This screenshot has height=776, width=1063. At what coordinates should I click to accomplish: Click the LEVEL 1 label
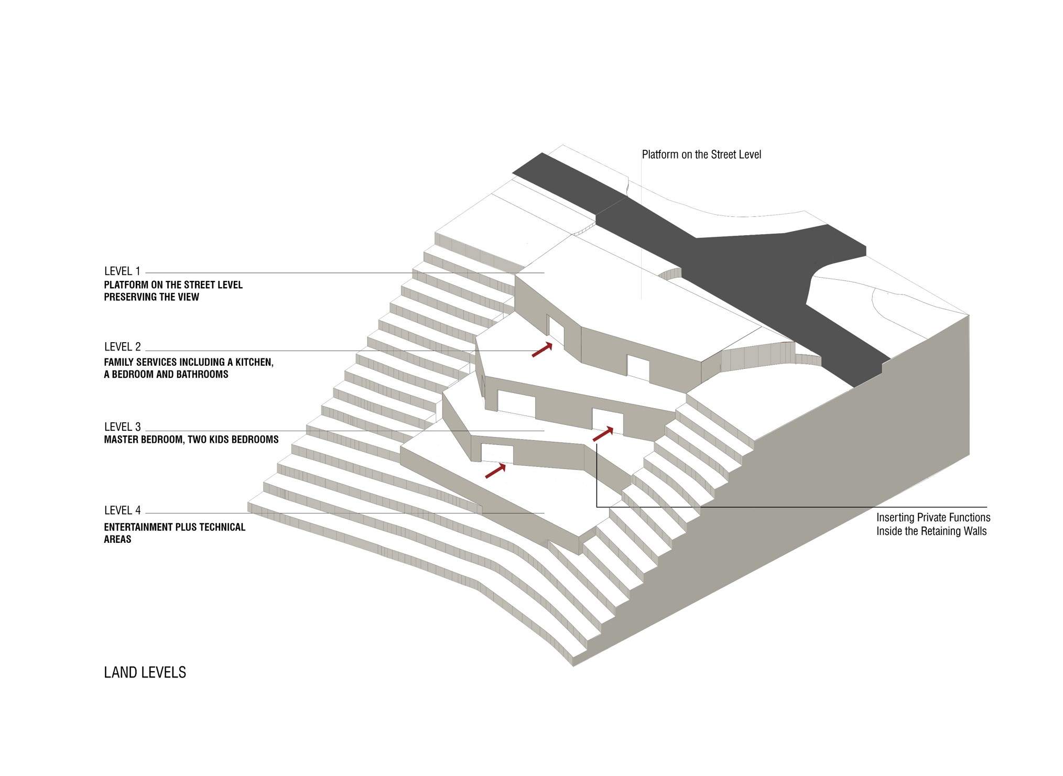click(122, 271)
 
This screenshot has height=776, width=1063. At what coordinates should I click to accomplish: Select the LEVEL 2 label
click(122, 347)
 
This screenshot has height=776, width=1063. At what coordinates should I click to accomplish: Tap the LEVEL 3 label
click(122, 427)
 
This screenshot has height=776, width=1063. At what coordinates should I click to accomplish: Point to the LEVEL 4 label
click(122, 510)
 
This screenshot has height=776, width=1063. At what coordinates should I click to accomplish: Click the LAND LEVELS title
click(145, 672)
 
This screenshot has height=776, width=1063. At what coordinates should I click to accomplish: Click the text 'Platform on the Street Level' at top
click(701, 155)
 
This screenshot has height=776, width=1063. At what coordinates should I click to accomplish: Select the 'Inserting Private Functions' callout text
click(933, 518)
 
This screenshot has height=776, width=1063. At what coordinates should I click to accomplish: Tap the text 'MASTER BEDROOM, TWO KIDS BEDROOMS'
click(191, 440)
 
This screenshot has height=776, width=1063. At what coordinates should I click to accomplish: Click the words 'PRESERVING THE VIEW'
click(151, 297)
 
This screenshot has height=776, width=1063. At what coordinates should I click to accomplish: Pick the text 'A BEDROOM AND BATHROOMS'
click(166, 375)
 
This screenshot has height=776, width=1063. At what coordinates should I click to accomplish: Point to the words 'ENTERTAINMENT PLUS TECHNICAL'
click(175, 527)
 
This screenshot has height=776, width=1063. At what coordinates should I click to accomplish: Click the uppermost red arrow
click(542, 349)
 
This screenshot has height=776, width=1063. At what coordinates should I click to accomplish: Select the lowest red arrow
click(495, 471)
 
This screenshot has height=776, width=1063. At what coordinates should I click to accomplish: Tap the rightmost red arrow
click(603, 434)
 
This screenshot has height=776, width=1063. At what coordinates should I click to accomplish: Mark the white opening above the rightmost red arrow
click(608, 419)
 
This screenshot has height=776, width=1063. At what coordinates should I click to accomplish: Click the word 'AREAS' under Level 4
click(117, 539)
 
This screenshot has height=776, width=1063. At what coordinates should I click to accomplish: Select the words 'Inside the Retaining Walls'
click(931, 531)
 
